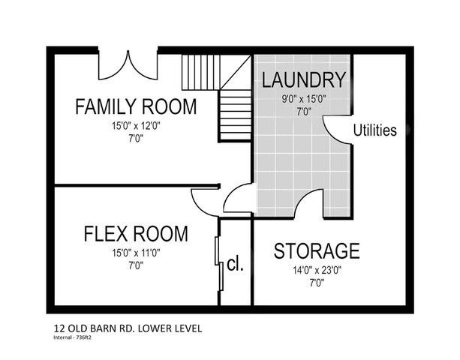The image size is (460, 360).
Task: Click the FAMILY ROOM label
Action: pyautogui.click(x=136, y=106)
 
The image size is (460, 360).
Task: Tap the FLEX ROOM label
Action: pyautogui.click(x=135, y=234)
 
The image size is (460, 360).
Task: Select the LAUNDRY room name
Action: pyautogui.click(x=305, y=79)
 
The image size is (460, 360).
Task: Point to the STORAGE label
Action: pyautogui.click(x=316, y=250)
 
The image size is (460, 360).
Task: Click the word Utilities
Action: pyautogui.click(x=375, y=130)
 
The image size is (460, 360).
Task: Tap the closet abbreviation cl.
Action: pyautogui.click(x=236, y=265)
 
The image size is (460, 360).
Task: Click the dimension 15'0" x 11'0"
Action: pyautogui.click(x=135, y=253)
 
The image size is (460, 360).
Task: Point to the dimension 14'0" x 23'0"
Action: pyautogui.click(x=316, y=270)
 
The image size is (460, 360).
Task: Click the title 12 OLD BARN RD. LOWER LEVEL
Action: pyautogui.click(x=128, y=328)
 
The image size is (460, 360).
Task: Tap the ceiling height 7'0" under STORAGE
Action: pyautogui.click(x=316, y=283)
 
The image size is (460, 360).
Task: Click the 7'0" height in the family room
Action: pyautogui.click(x=136, y=138)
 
